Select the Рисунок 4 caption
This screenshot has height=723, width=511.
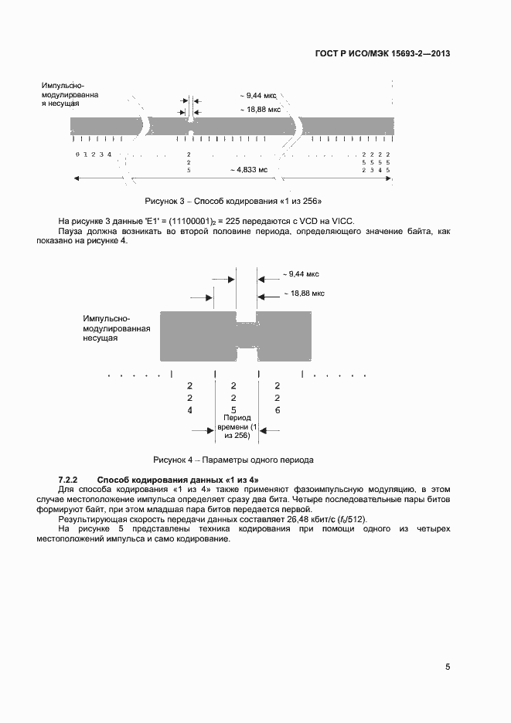pyautogui.click(x=233, y=460)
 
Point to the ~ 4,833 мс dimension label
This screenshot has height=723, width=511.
pyautogui.click(x=249, y=169)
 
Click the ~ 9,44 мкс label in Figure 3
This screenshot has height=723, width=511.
pyautogui.click(x=258, y=96)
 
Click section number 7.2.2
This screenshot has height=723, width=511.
pyautogui.click(x=70, y=480)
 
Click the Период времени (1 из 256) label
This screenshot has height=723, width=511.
pyautogui.click(x=235, y=426)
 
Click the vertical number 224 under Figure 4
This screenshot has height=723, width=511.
pyautogui.click(x=190, y=397)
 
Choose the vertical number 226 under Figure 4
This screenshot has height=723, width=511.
pyautogui.click(x=278, y=397)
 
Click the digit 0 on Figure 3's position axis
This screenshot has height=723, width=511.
pyautogui.click(x=77, y=155)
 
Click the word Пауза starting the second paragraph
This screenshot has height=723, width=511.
pyautogui.click(x=71, y=231)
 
